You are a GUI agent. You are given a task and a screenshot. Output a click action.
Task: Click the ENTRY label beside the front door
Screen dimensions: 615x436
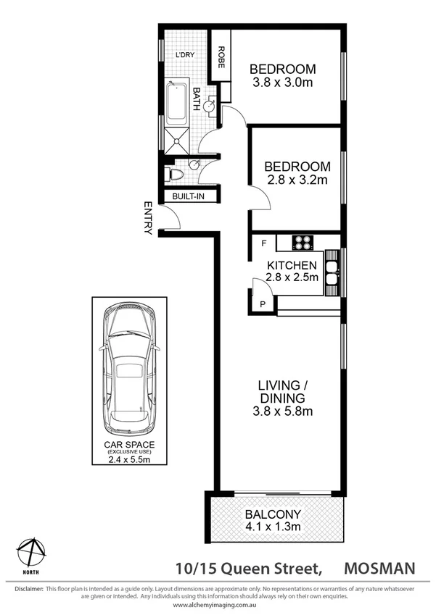pyautogui.click(x=148, y=217)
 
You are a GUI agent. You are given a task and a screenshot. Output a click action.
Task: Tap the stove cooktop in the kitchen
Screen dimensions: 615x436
pyautogui.click(x=303, y=242)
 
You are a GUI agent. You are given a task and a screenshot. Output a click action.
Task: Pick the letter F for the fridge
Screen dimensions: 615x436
pyautogui.click(x=263, y=243)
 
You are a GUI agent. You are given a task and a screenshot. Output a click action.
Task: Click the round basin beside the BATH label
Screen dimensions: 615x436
pyautogui.click(x=209, y=106)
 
